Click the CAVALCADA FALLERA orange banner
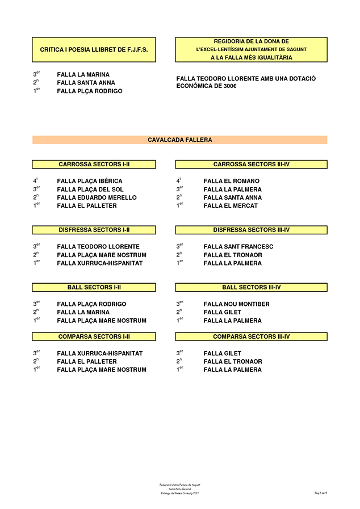pos(179,140)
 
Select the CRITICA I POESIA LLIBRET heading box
pos(94,50)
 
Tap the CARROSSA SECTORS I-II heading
pos(94,165)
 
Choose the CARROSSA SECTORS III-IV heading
pos(251,165)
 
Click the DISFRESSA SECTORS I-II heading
pos(94,230)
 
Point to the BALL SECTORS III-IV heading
pos(251,288)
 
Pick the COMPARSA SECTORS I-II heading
pos(94,337)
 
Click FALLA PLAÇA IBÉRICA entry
pos(89,182)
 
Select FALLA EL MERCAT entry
pos(230,206)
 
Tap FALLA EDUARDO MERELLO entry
pos(97,198)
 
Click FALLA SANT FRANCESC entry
pos(238,247)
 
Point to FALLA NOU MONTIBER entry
pos(236,304)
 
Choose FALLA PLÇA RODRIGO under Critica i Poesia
pos(89,91)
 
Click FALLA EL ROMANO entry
pos(231,182)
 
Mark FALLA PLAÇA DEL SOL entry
pos(90,190)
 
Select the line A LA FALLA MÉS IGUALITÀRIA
pos(251,58)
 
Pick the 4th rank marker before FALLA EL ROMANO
pos(178,181)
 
